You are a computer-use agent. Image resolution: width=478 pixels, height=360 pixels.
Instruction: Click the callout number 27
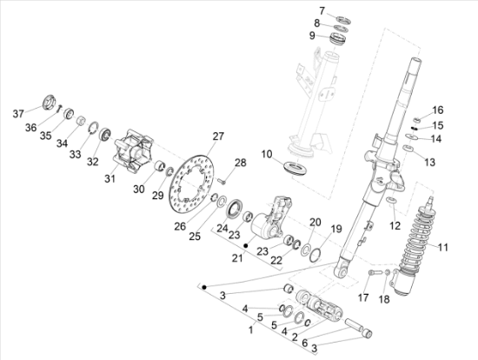click(217, 136)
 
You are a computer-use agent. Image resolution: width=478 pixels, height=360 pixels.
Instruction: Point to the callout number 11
click(443, 248)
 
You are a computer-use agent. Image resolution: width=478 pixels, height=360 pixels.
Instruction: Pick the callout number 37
click(18, 114)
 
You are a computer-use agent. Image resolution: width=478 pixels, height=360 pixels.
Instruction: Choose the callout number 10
click(266, 154)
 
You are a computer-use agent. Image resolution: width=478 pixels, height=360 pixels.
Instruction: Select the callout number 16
click(438, 110)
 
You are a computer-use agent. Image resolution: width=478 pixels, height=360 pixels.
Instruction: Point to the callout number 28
click(241, 163)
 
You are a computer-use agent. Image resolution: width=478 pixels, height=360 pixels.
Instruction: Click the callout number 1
click(252, 332)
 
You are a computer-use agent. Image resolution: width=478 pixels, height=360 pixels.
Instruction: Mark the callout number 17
click(363, 298)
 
